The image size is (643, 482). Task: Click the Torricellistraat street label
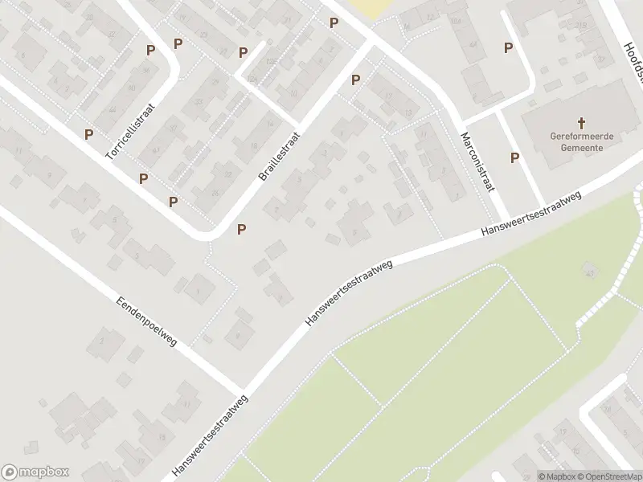coord(129,130)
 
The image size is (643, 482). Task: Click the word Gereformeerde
coord(582,137)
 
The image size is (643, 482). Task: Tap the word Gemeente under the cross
coord(583,148)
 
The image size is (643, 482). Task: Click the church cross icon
coord(583,123)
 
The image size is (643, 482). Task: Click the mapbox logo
coord(35,472)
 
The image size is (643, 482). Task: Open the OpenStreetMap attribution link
coord(608,476)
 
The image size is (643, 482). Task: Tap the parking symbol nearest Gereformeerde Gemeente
coord(514,158)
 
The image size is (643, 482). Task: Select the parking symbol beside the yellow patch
coord(334,22)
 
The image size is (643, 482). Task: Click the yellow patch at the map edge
coord(366,8)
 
